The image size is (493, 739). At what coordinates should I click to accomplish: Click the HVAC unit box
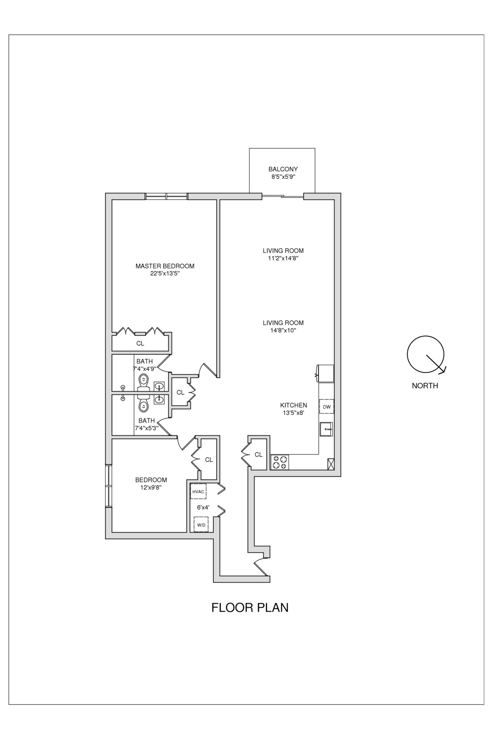[x=198, y=491]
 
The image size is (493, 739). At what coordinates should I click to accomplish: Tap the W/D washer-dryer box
[x=201, y=525]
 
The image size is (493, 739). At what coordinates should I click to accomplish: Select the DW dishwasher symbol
[x=327, y=406]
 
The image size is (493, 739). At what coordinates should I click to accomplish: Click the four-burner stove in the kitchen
[x=280, y=462]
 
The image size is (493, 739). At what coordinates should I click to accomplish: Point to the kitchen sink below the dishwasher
[x=327, y=429]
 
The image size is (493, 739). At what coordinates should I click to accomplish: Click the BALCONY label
[x=283, y=169]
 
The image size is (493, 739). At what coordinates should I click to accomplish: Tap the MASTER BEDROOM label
[x=165, y=266]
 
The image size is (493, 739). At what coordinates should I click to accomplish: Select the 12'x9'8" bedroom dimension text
[x=151, y=488]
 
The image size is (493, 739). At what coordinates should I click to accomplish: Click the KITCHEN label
[x=293, y=405]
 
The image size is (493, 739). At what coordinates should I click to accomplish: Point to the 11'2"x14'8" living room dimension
[x=283, y=258]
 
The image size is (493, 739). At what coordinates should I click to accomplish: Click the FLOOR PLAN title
[x=250, y=608]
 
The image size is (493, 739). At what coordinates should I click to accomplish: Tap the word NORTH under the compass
[x=425, y=386]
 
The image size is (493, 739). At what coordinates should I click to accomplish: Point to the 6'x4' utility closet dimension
[x=203, y=507]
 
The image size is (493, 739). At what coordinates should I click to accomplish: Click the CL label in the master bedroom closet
[x=140, y=343]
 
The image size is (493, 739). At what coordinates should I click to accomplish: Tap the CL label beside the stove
[x=258, y=454]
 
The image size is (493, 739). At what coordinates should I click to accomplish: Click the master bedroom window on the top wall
[x=166, y=196]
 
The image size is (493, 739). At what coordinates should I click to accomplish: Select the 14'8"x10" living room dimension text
[x=283, y=330]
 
